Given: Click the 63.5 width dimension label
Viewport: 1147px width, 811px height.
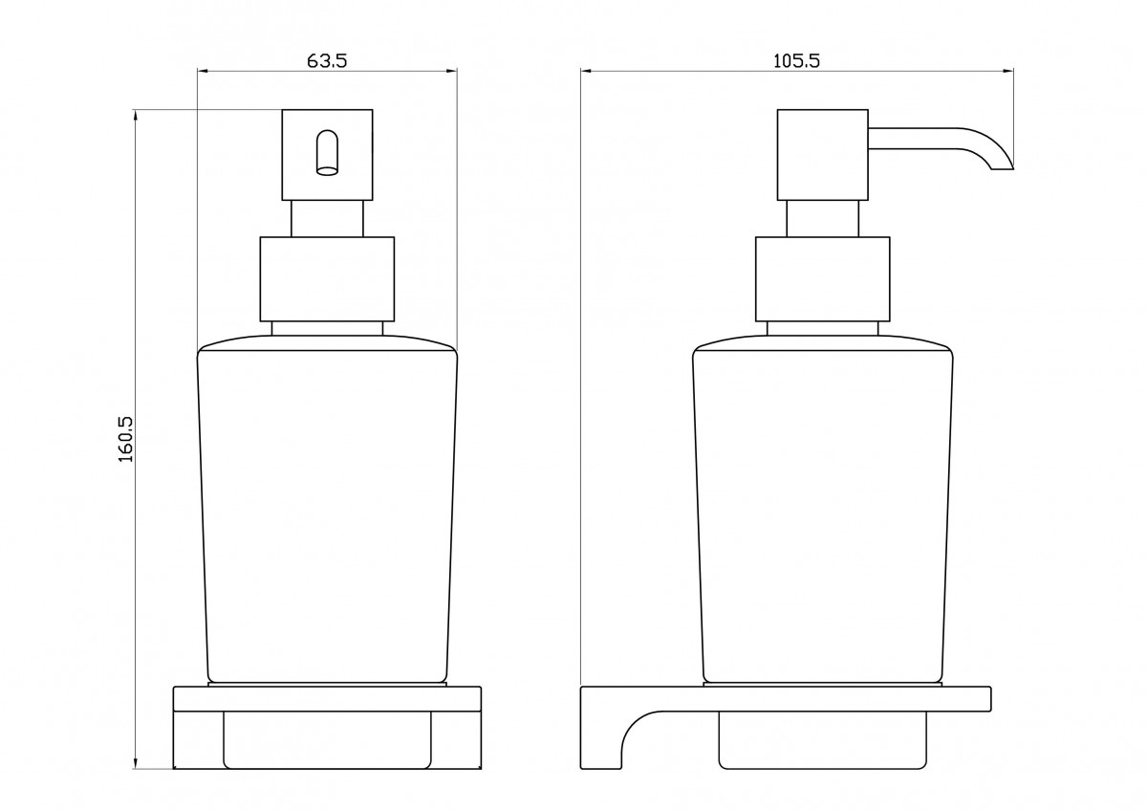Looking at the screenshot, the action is [x=327, y=61].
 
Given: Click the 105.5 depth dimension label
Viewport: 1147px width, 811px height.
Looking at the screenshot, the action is [x=796, y=61].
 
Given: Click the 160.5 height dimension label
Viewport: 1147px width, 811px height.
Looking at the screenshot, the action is [x=125, y=439].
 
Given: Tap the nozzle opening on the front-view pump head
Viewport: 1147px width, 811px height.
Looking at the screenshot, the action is [x=327, y=153].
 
